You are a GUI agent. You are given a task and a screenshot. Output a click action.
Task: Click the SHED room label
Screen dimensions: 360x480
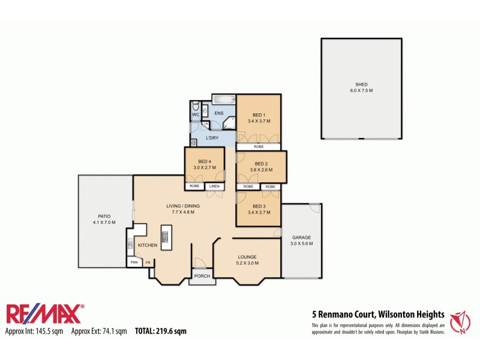coord(361,85)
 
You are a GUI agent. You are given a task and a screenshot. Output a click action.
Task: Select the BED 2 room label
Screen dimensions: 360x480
coord(260,164)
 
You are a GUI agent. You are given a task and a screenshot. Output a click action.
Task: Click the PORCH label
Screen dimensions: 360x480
coord(202,277)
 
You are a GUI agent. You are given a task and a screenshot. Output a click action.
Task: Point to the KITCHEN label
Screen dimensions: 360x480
coord(148,245)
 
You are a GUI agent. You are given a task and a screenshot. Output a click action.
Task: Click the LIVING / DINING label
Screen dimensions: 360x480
coord(183,206)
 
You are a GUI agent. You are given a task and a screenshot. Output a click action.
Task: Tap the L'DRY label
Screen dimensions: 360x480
coord(212,139)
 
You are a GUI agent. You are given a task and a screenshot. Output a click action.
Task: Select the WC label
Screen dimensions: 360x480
coord(196,115)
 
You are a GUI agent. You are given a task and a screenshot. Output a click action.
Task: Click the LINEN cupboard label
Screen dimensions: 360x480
coord(214,186)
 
